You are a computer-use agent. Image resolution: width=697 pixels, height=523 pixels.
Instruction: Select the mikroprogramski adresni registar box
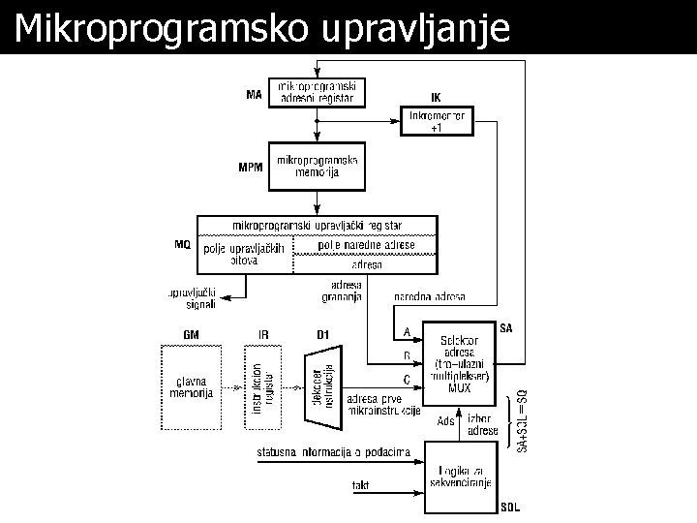pos(317,91)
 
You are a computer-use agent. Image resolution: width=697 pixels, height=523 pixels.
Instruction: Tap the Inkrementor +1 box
pos(439,122)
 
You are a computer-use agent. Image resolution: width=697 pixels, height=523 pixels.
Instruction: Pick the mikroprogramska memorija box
pos(318,166)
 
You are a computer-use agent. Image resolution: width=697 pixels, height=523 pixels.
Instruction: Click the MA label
pos(254,95)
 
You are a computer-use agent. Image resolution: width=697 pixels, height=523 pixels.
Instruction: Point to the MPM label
pos(251,167)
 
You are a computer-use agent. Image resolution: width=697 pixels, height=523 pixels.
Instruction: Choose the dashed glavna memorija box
pos(191,387)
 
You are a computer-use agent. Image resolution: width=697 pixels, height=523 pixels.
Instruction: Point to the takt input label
pos(360,483)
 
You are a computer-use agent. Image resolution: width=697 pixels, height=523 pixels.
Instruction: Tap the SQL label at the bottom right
pos(511,507)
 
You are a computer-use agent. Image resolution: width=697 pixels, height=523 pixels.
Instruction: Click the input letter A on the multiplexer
pos(408,333)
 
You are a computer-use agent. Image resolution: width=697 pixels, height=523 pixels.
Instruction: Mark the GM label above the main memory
pos(191,335)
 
